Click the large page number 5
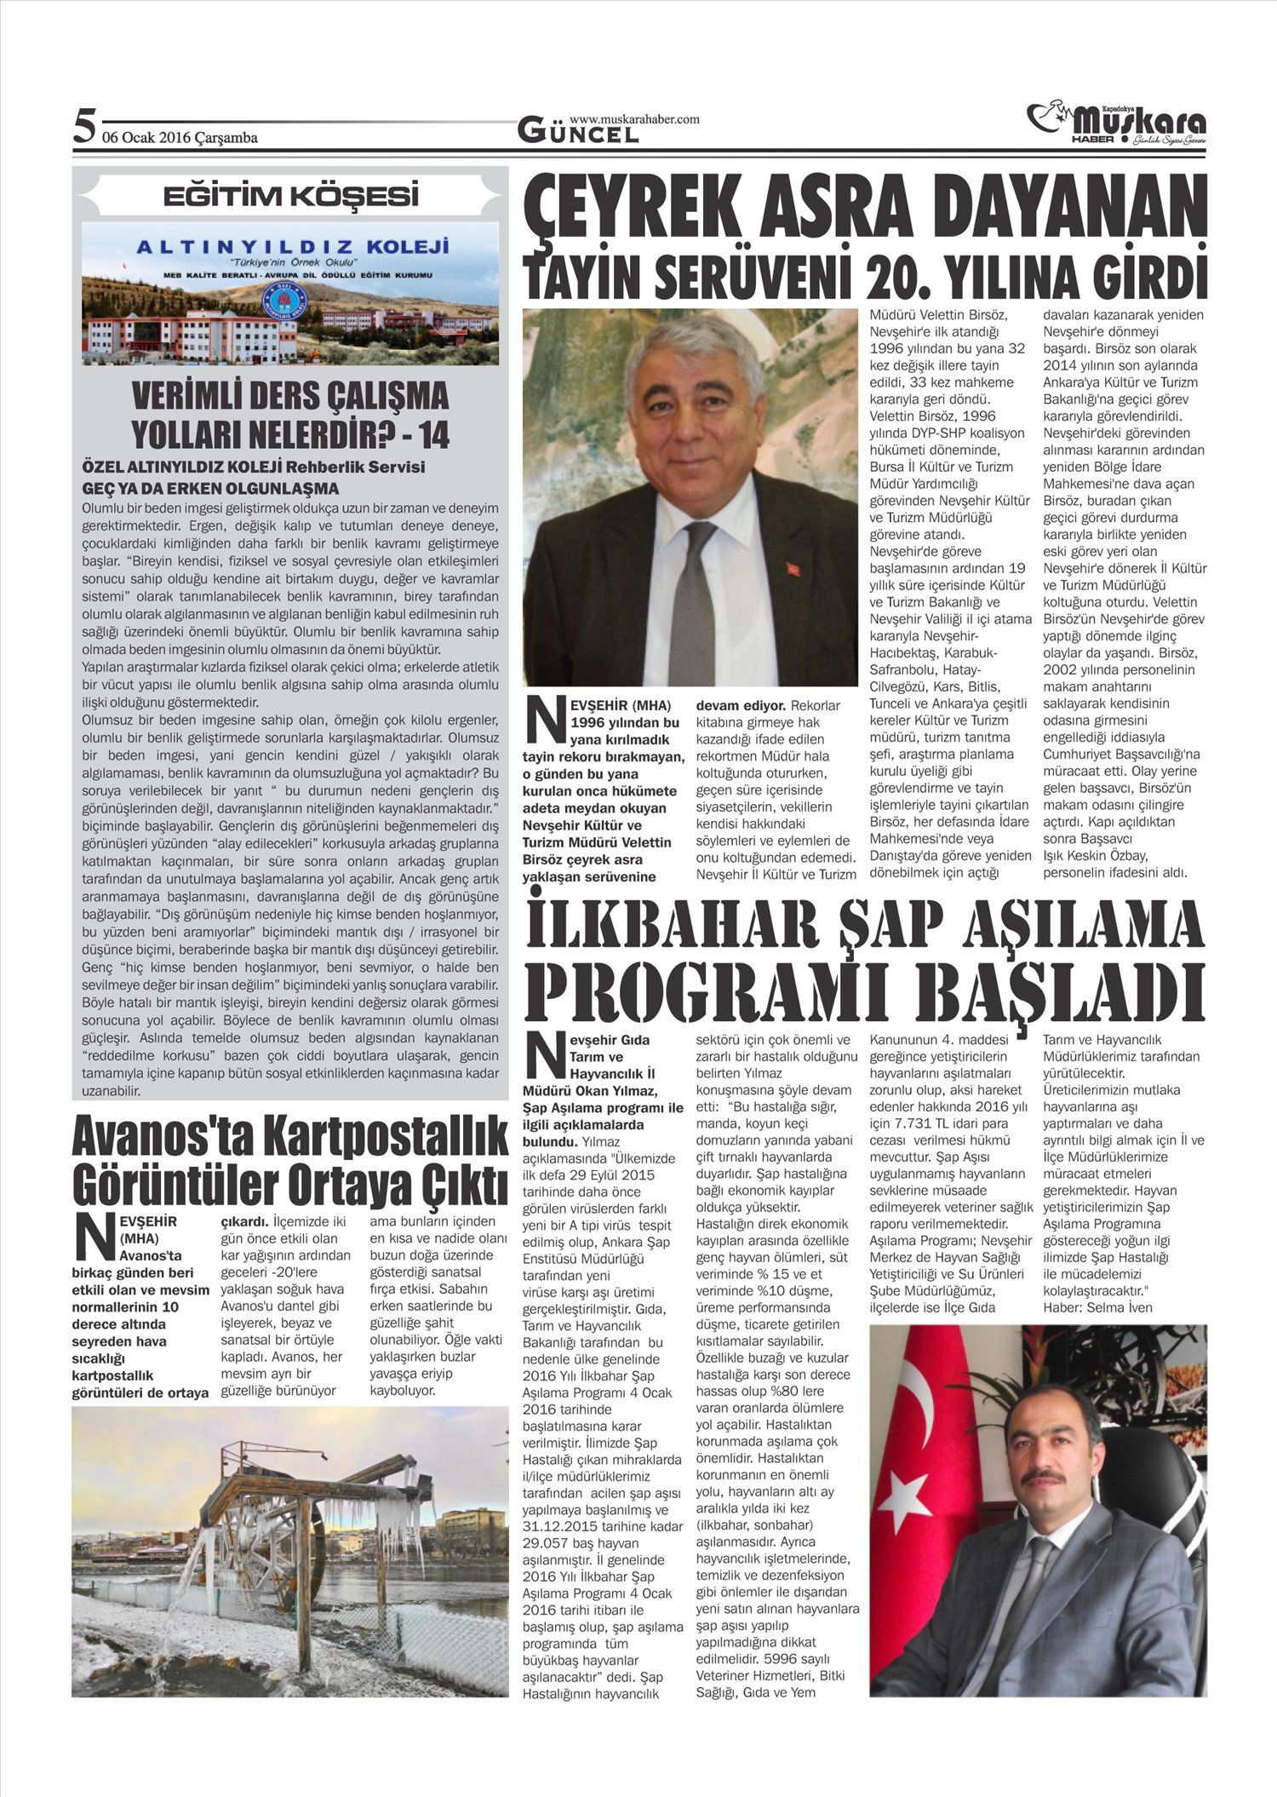[83, 127]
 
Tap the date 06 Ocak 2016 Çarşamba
[180, 137]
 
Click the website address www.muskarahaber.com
[634, 119]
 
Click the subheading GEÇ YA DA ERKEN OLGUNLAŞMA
[210, 488]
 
